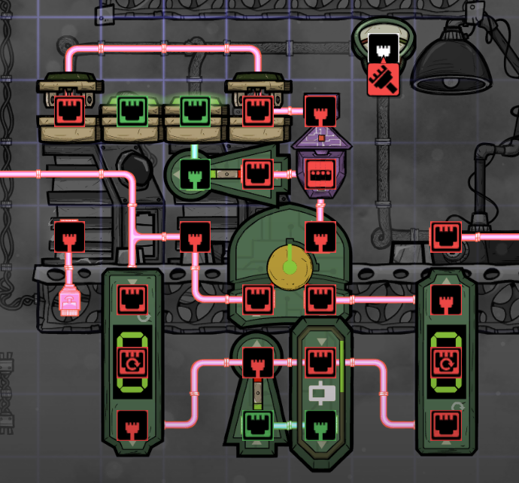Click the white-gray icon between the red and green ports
(320, 393)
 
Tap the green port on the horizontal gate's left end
(195, 175)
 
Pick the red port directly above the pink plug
(69, 236)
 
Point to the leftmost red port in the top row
(69, 111)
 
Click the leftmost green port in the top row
(132, 111)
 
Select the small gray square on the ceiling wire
(104, 14)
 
